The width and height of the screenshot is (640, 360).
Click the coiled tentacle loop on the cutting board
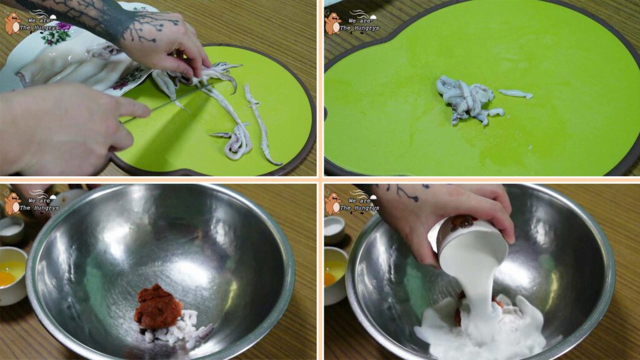point(237,143)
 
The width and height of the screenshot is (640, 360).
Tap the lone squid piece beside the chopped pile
point(516,94)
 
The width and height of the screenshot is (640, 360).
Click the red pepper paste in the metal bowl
point(157,307)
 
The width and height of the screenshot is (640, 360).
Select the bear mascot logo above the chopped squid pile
point(333,23)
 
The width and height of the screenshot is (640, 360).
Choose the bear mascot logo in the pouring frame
point(333,203)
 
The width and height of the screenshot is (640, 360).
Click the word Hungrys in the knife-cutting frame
point(45,28)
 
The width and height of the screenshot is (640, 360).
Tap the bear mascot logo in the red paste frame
point(12,203)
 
